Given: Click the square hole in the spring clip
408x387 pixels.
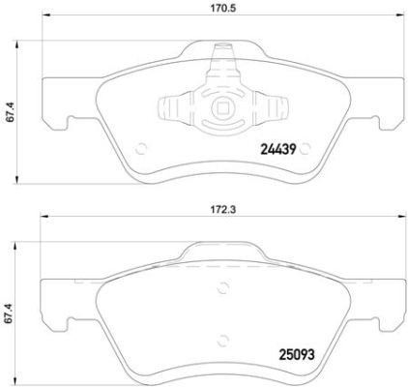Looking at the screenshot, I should [x=224, y=108].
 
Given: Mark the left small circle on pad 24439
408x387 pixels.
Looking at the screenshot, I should [x=142, y=148].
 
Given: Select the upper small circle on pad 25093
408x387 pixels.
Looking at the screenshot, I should [x=224, y=285].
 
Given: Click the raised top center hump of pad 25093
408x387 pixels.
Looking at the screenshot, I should [x=224, y=253].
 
